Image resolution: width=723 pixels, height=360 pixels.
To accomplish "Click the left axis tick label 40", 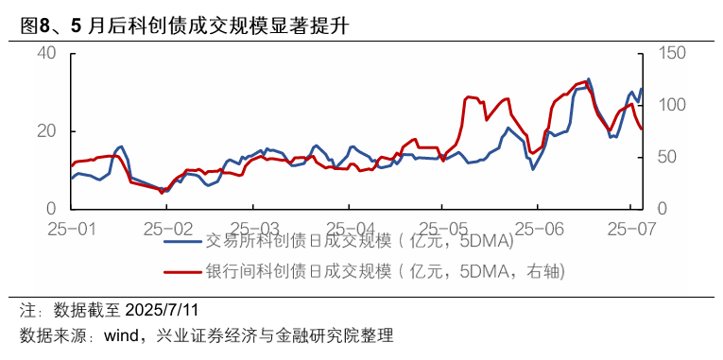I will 48,53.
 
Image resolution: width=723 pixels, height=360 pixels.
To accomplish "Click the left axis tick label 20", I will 48,131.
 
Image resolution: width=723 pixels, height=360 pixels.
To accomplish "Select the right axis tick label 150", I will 667,53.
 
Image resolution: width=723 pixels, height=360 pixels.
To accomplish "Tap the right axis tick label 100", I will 667,105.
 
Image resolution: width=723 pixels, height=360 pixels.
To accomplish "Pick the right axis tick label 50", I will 662,157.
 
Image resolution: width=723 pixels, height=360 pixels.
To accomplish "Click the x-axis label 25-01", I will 72,229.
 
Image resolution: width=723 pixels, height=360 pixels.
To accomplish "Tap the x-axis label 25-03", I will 257,229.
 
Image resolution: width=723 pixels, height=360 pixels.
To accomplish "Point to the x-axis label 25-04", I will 350,229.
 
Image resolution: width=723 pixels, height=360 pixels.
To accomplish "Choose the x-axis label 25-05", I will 443,229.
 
